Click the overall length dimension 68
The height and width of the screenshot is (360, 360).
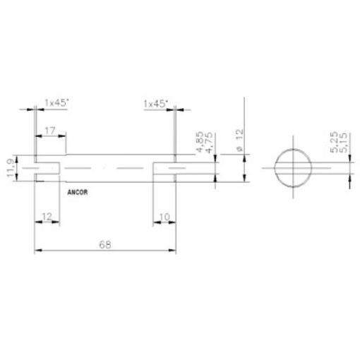click(x=104, y=244)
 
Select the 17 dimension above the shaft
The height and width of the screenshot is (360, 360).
click(x=50, y=131)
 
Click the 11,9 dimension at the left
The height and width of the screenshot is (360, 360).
click(x=8, y=169)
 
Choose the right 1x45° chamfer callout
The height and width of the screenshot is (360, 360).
click(x=155, y=104)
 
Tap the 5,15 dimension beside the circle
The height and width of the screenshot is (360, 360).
click(x=342, y=143)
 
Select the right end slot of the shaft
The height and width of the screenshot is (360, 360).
click(x=164, y=169)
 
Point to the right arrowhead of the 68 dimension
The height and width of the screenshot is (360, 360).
click(x=173, y=249)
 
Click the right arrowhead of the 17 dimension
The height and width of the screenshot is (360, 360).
click(x=64, y=136)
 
